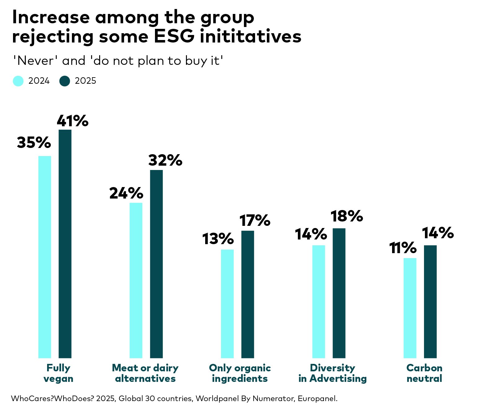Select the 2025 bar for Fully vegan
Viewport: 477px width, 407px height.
pos(65,244)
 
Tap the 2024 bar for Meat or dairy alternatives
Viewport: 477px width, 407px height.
pos(136,280)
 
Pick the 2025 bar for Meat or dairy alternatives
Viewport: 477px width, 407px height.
pos(156,264)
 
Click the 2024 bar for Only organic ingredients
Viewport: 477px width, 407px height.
pos(227,304)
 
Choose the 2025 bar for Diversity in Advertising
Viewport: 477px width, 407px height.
pos(339,293)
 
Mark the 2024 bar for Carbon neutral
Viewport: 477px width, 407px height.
pos(410,308)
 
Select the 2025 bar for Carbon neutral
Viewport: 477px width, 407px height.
pos(430,302)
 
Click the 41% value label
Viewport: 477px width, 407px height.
pos(73,121)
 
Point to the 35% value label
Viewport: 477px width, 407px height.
pos(34,143)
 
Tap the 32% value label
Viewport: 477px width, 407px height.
pos(165,160)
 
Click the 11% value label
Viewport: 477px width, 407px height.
pos(403,248)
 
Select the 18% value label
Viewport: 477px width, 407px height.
pos(347,216)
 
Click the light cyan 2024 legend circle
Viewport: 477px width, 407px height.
pos(18,81)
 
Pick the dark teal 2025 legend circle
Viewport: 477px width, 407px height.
pos(65,81)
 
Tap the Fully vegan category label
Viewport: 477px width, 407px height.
pos(58,373)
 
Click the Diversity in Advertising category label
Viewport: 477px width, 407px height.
pos(333,373)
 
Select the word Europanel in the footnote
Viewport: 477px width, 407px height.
pos(317,399)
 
